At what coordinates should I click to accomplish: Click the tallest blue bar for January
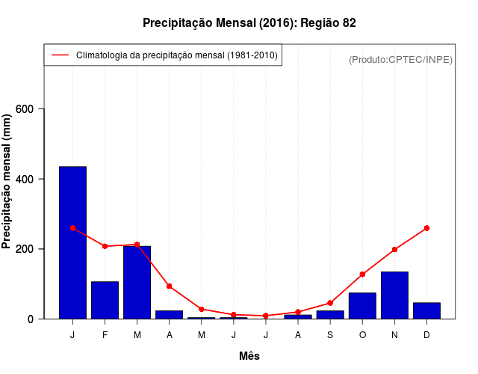72,242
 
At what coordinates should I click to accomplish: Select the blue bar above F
105,300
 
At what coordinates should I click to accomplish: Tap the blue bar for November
394,295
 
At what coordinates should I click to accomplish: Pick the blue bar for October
362,305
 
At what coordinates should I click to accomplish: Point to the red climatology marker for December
426,228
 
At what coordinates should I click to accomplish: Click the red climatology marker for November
394,250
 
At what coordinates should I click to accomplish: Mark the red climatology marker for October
362,275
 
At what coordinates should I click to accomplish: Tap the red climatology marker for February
105,246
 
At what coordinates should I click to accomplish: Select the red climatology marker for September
330,303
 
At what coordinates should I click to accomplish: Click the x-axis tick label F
105,334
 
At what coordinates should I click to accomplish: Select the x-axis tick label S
330,334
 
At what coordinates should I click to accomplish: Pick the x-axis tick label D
426,334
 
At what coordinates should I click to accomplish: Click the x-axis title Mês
249,356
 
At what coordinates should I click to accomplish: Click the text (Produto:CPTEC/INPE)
400,59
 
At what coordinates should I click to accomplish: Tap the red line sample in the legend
60,55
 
